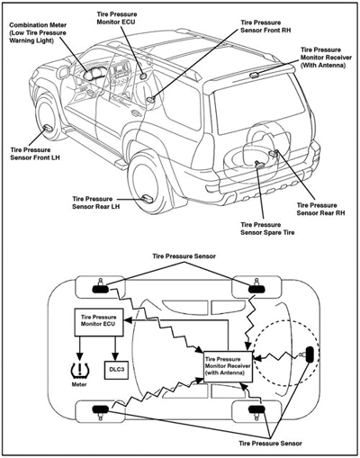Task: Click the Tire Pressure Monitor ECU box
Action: pyautogui.click(x=98, y=322)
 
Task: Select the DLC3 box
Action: pyautogui.click(x=116, y=369)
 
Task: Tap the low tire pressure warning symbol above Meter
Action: pyautogui.click(x=80, y=370)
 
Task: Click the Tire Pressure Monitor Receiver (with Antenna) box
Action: pyautogui.click(x=228, y=366)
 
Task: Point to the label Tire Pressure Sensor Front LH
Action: pyautogui.click(x=35, y=154)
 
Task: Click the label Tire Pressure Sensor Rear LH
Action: pyautogui.click(x=96, y=202)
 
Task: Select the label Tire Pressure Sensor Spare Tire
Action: pyautogui.click(x=267, y=229)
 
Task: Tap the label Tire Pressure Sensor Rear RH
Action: pyautogui.click(x=320, y=209)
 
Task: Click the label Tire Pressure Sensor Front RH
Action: pyautogui.click(x=265, y=26)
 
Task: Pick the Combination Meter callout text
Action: pyautogui.click(x=38, y=32)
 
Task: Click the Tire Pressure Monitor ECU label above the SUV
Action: pyautogui.click(x=117, y=18)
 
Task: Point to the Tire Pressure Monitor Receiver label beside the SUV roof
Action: pyautogui.click(x=326, y=58)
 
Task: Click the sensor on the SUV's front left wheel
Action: pyautogui.click(x=48, y=129)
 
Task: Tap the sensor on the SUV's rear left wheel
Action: pyautogui.click(x=148, y=198)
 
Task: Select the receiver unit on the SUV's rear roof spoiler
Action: pyautogui.click(x=255, y=75)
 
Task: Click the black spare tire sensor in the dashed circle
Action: pyautogui.click(x=310, y=355)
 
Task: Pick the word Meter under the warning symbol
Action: pyautogui.click(x=79, y=384)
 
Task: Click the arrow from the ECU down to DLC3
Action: pyautogui.click(x=114, y=348)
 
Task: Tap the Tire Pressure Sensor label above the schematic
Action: pyautogui.click(x=184, y=256)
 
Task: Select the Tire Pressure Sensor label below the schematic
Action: pyautogui.click(x=270, y=444)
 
